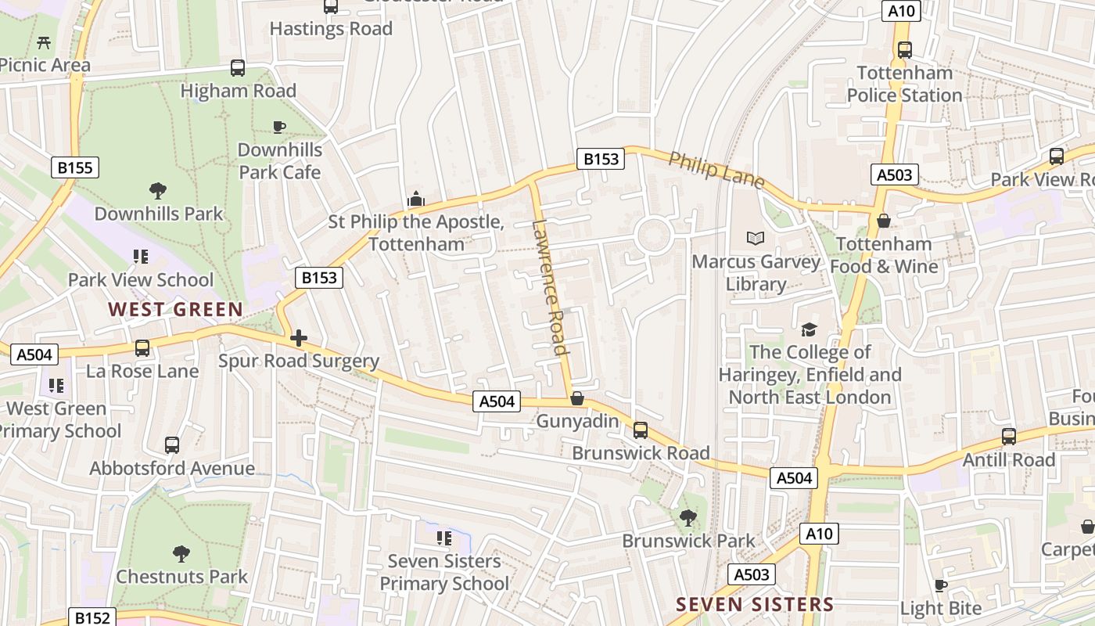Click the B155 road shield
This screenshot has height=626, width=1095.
click(75, 167)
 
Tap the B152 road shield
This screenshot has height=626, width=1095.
click(92, 617)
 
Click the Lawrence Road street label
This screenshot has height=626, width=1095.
click(548, 287)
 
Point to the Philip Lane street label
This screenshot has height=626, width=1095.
click(716, 169)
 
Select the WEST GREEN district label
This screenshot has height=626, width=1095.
click(176, 310)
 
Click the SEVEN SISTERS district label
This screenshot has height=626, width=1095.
click(755, 604)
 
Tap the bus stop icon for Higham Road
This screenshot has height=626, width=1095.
click(238, 68)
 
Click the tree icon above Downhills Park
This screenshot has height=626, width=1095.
click(158, 190)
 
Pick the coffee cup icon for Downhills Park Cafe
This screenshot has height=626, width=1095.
click(279, 127)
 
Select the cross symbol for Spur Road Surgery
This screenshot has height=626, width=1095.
click(298, 338)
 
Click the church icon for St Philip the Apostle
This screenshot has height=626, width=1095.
click(415, 200)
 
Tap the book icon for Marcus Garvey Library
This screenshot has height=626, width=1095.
click(756, 239)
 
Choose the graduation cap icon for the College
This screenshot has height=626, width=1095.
click(809, 329)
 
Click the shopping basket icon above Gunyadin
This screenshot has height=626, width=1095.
click(577, 398)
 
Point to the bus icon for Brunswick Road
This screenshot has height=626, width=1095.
click(641, 430)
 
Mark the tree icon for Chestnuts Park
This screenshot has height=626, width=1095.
click(181, 554)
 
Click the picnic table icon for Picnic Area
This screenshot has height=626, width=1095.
click(45, 42)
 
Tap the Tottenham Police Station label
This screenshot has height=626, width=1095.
click(904, 84)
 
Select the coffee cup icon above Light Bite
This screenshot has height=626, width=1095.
click(941, 585)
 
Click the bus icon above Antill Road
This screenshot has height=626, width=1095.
click(1009, 437)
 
